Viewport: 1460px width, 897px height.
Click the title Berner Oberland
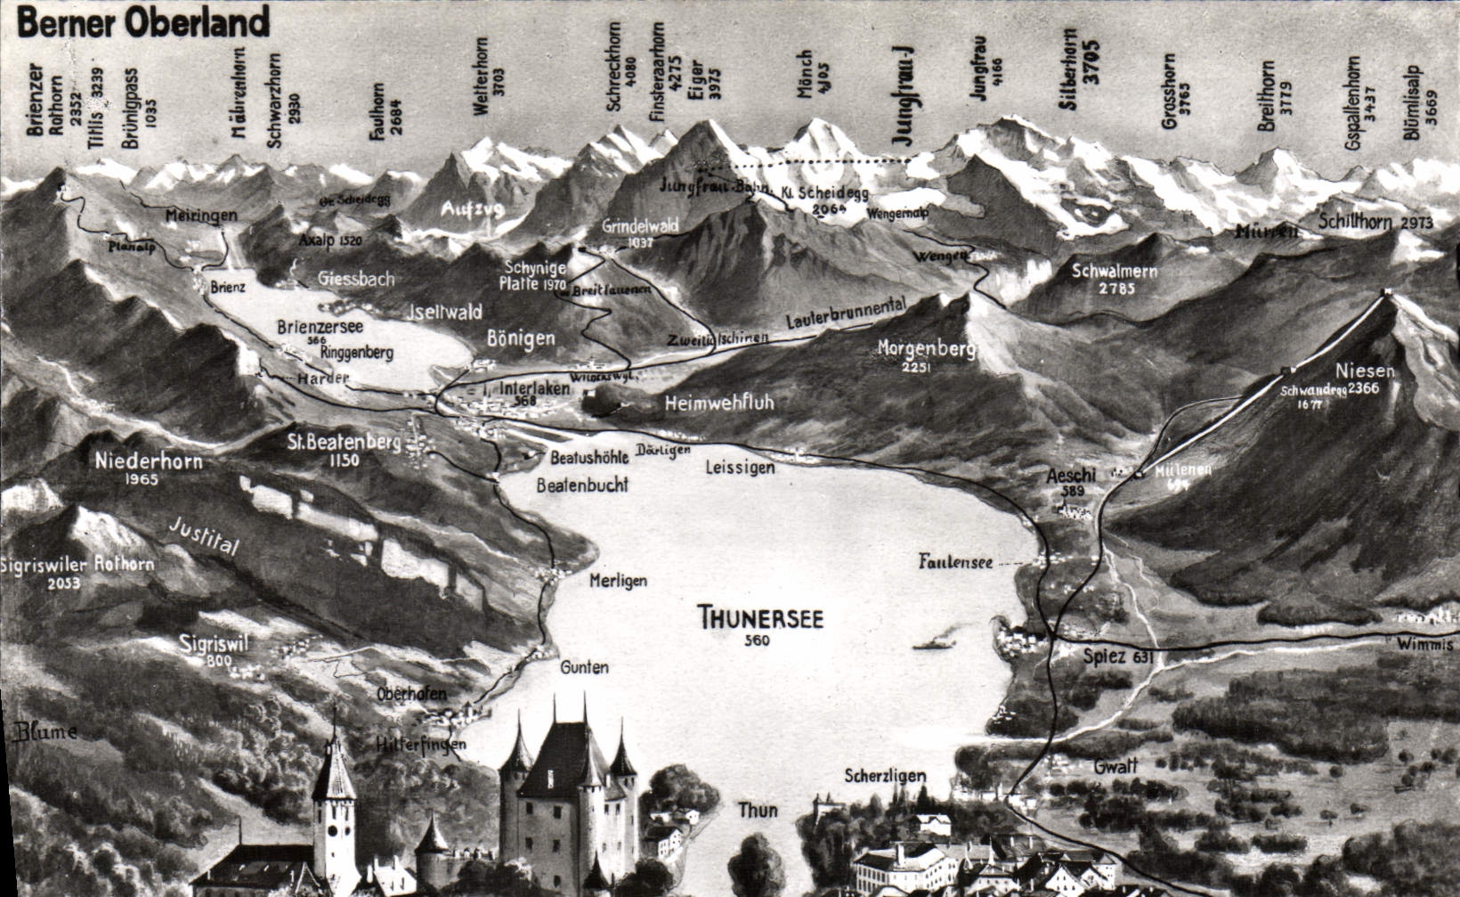142,22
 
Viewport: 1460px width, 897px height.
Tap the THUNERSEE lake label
760,617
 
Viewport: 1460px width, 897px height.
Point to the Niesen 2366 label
1365,379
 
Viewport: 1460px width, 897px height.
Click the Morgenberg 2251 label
926,354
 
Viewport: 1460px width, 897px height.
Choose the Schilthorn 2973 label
1375,223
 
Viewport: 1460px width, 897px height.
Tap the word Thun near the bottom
758,810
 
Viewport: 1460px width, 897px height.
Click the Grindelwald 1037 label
640,232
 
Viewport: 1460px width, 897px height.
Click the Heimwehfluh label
719,404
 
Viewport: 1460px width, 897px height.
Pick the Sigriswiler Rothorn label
77,572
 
